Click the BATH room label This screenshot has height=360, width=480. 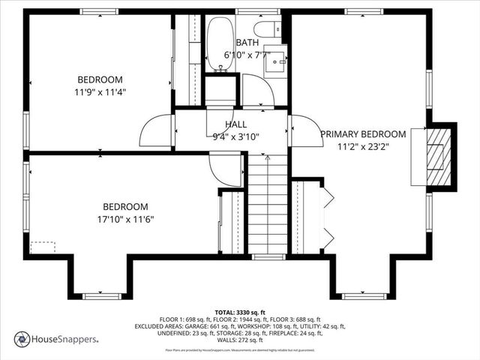[247, 43]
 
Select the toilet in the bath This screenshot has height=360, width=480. [265, 28]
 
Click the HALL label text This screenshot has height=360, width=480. [235, 124]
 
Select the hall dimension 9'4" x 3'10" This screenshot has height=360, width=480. [235, 136]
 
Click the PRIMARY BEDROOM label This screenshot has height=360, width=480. [363, 134]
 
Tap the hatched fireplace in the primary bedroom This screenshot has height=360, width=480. [438, 156]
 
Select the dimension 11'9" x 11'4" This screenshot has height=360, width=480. [100, 92]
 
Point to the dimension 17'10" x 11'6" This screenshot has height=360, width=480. [125, 219]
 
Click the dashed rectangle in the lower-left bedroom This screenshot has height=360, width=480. [43, 247]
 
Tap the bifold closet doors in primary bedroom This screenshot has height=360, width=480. [327, 218]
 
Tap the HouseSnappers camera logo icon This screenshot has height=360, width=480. [22, 340]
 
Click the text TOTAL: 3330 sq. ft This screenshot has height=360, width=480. [240, 312]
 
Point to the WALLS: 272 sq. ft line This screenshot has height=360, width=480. [240, 339]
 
